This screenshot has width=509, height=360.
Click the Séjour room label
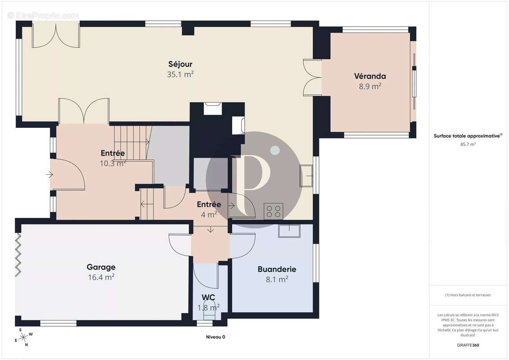coord(180,64)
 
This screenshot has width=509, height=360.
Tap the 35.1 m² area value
coord(180,74)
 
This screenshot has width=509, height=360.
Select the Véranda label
coord(370,76)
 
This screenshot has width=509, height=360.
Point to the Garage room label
coord(101,267)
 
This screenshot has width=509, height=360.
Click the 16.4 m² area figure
coord(101,277)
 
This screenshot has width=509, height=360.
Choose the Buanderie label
coord(277,269)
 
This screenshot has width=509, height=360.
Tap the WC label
coord(208,297)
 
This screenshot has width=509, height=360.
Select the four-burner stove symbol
coord(273,211)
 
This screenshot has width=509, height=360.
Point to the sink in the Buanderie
coord(289,231)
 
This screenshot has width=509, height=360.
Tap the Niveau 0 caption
coord(216,337)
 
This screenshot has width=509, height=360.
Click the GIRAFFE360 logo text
coord(468,345)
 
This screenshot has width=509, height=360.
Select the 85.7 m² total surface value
coord(468,144)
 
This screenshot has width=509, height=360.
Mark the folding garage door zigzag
coord(18,255)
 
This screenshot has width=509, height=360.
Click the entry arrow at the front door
coord(50,175)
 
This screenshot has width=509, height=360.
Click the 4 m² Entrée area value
coord(209,215)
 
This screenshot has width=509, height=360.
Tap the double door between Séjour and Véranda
coord(312,77)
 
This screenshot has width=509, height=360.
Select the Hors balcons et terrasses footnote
coord(468,295)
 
